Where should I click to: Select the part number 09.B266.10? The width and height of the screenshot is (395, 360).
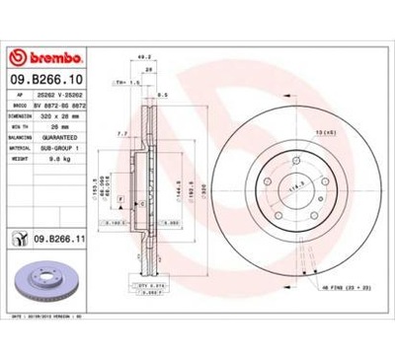49,76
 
